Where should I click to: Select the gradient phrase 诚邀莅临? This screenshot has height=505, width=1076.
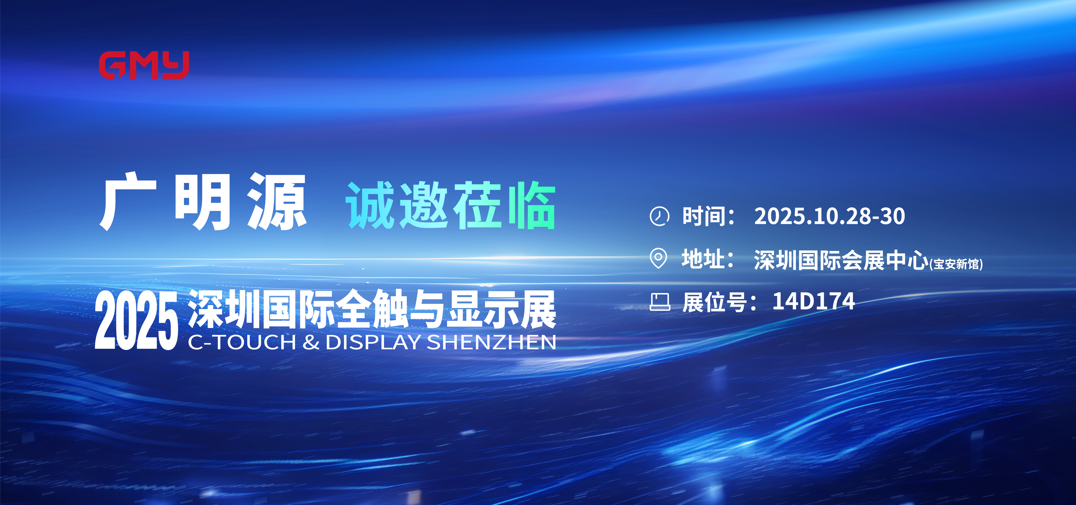click(x=450, y=205)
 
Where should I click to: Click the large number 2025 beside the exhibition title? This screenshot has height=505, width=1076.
click(x=136, y=320)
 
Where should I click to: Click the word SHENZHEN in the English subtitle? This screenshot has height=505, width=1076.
click(x=491, y=342)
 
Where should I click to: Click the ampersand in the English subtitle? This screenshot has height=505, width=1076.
click(x=311, y=342)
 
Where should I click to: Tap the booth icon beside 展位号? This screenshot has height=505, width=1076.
click(x=660, y=302)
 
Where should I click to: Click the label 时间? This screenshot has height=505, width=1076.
click(x=708, y=216)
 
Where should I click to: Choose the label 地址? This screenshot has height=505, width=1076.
click(x=708, y=259)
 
